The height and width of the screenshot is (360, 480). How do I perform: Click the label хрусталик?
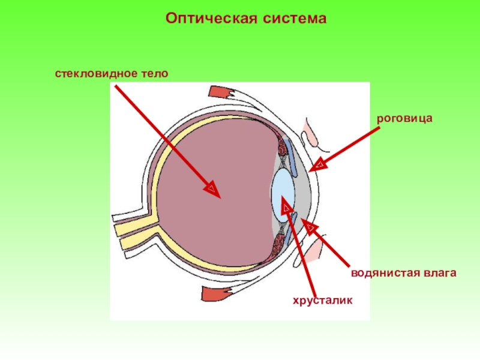[x=322, y=299]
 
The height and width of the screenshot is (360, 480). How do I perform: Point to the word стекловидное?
[x=98, y=73]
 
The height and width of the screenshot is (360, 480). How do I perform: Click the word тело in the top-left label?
[x=155, y=73]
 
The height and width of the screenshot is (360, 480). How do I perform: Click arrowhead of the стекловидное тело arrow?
[x=213, y=190]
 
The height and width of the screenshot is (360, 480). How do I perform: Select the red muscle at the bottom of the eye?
[x=215, y=294]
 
